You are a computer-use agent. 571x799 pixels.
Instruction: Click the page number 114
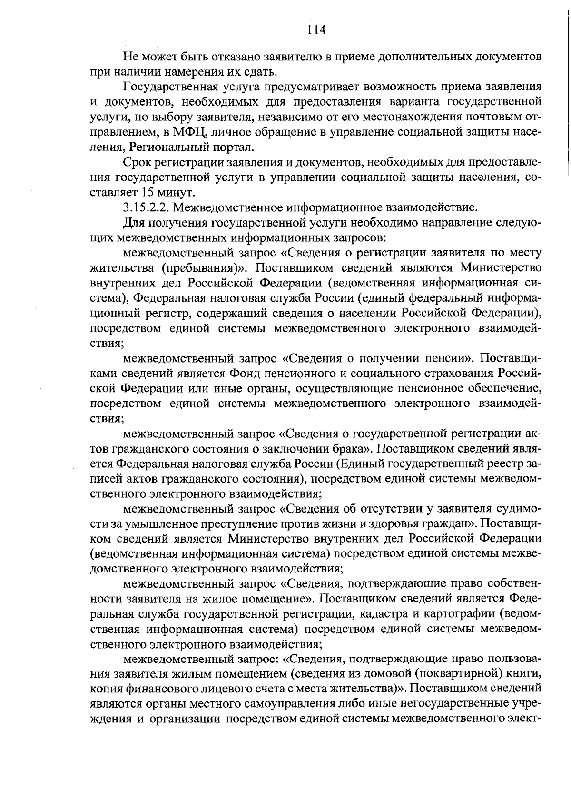point(316,30)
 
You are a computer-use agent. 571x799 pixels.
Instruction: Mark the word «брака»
point(349,448)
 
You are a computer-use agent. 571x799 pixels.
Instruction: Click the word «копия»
point(107,689)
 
